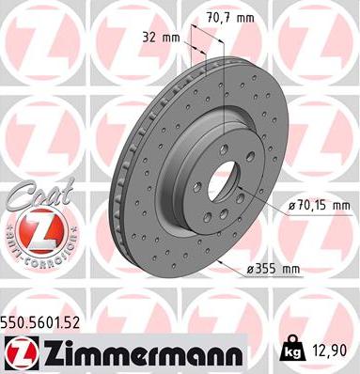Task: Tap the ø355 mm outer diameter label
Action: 274,269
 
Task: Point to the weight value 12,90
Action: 334,349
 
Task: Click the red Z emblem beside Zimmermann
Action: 19,351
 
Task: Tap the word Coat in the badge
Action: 29,192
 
